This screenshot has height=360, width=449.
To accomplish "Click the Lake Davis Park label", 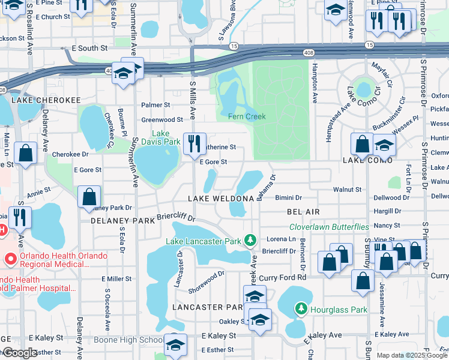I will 166,137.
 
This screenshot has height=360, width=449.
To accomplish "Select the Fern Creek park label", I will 247,116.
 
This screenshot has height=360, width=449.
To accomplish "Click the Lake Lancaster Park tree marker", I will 250,241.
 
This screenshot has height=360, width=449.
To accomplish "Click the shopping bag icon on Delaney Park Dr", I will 89,196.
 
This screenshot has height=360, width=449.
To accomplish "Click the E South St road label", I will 89,47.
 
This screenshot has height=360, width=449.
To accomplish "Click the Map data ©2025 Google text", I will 411,355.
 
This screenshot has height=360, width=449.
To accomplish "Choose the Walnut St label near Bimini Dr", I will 348,190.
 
